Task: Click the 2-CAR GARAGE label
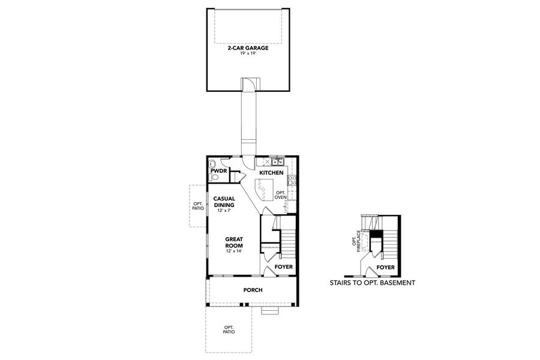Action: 247,47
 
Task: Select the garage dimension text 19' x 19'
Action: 247,53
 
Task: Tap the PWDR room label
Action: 217,171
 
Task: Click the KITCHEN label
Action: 271,173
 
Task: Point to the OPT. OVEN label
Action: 280,195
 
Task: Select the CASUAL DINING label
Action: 224,202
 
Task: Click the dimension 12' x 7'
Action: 224,210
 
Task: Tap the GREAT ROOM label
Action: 233,242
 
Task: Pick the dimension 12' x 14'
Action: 233,251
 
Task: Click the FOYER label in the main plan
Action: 284,266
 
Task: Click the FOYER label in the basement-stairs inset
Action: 385,268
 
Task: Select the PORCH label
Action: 253,290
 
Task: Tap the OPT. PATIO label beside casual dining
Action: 198,206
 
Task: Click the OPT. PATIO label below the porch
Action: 229,329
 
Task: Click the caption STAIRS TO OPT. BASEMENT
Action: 372,282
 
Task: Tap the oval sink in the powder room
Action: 212,164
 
